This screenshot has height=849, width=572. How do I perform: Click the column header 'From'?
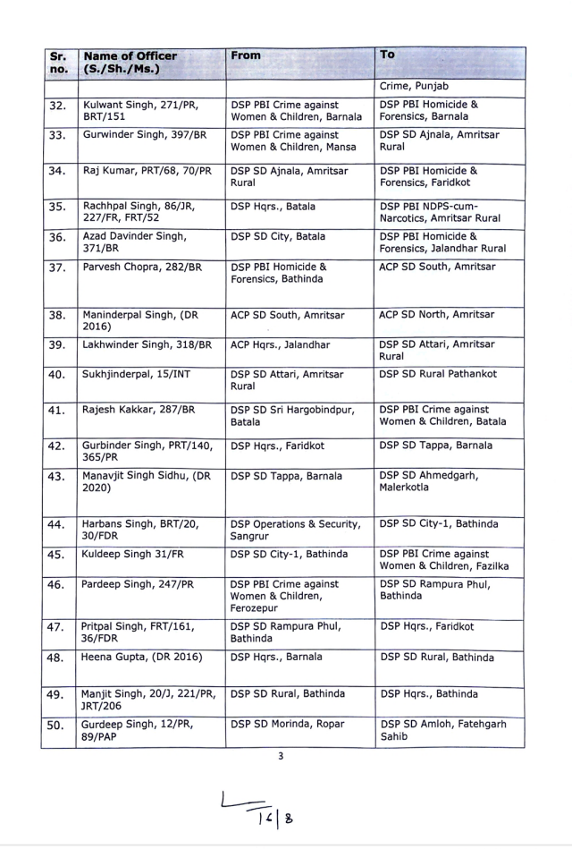coord(246,55)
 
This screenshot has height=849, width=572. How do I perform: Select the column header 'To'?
coord(388,55)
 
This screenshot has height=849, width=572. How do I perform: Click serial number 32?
coord(57,106)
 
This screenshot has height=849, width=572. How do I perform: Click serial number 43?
coord(57,478)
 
